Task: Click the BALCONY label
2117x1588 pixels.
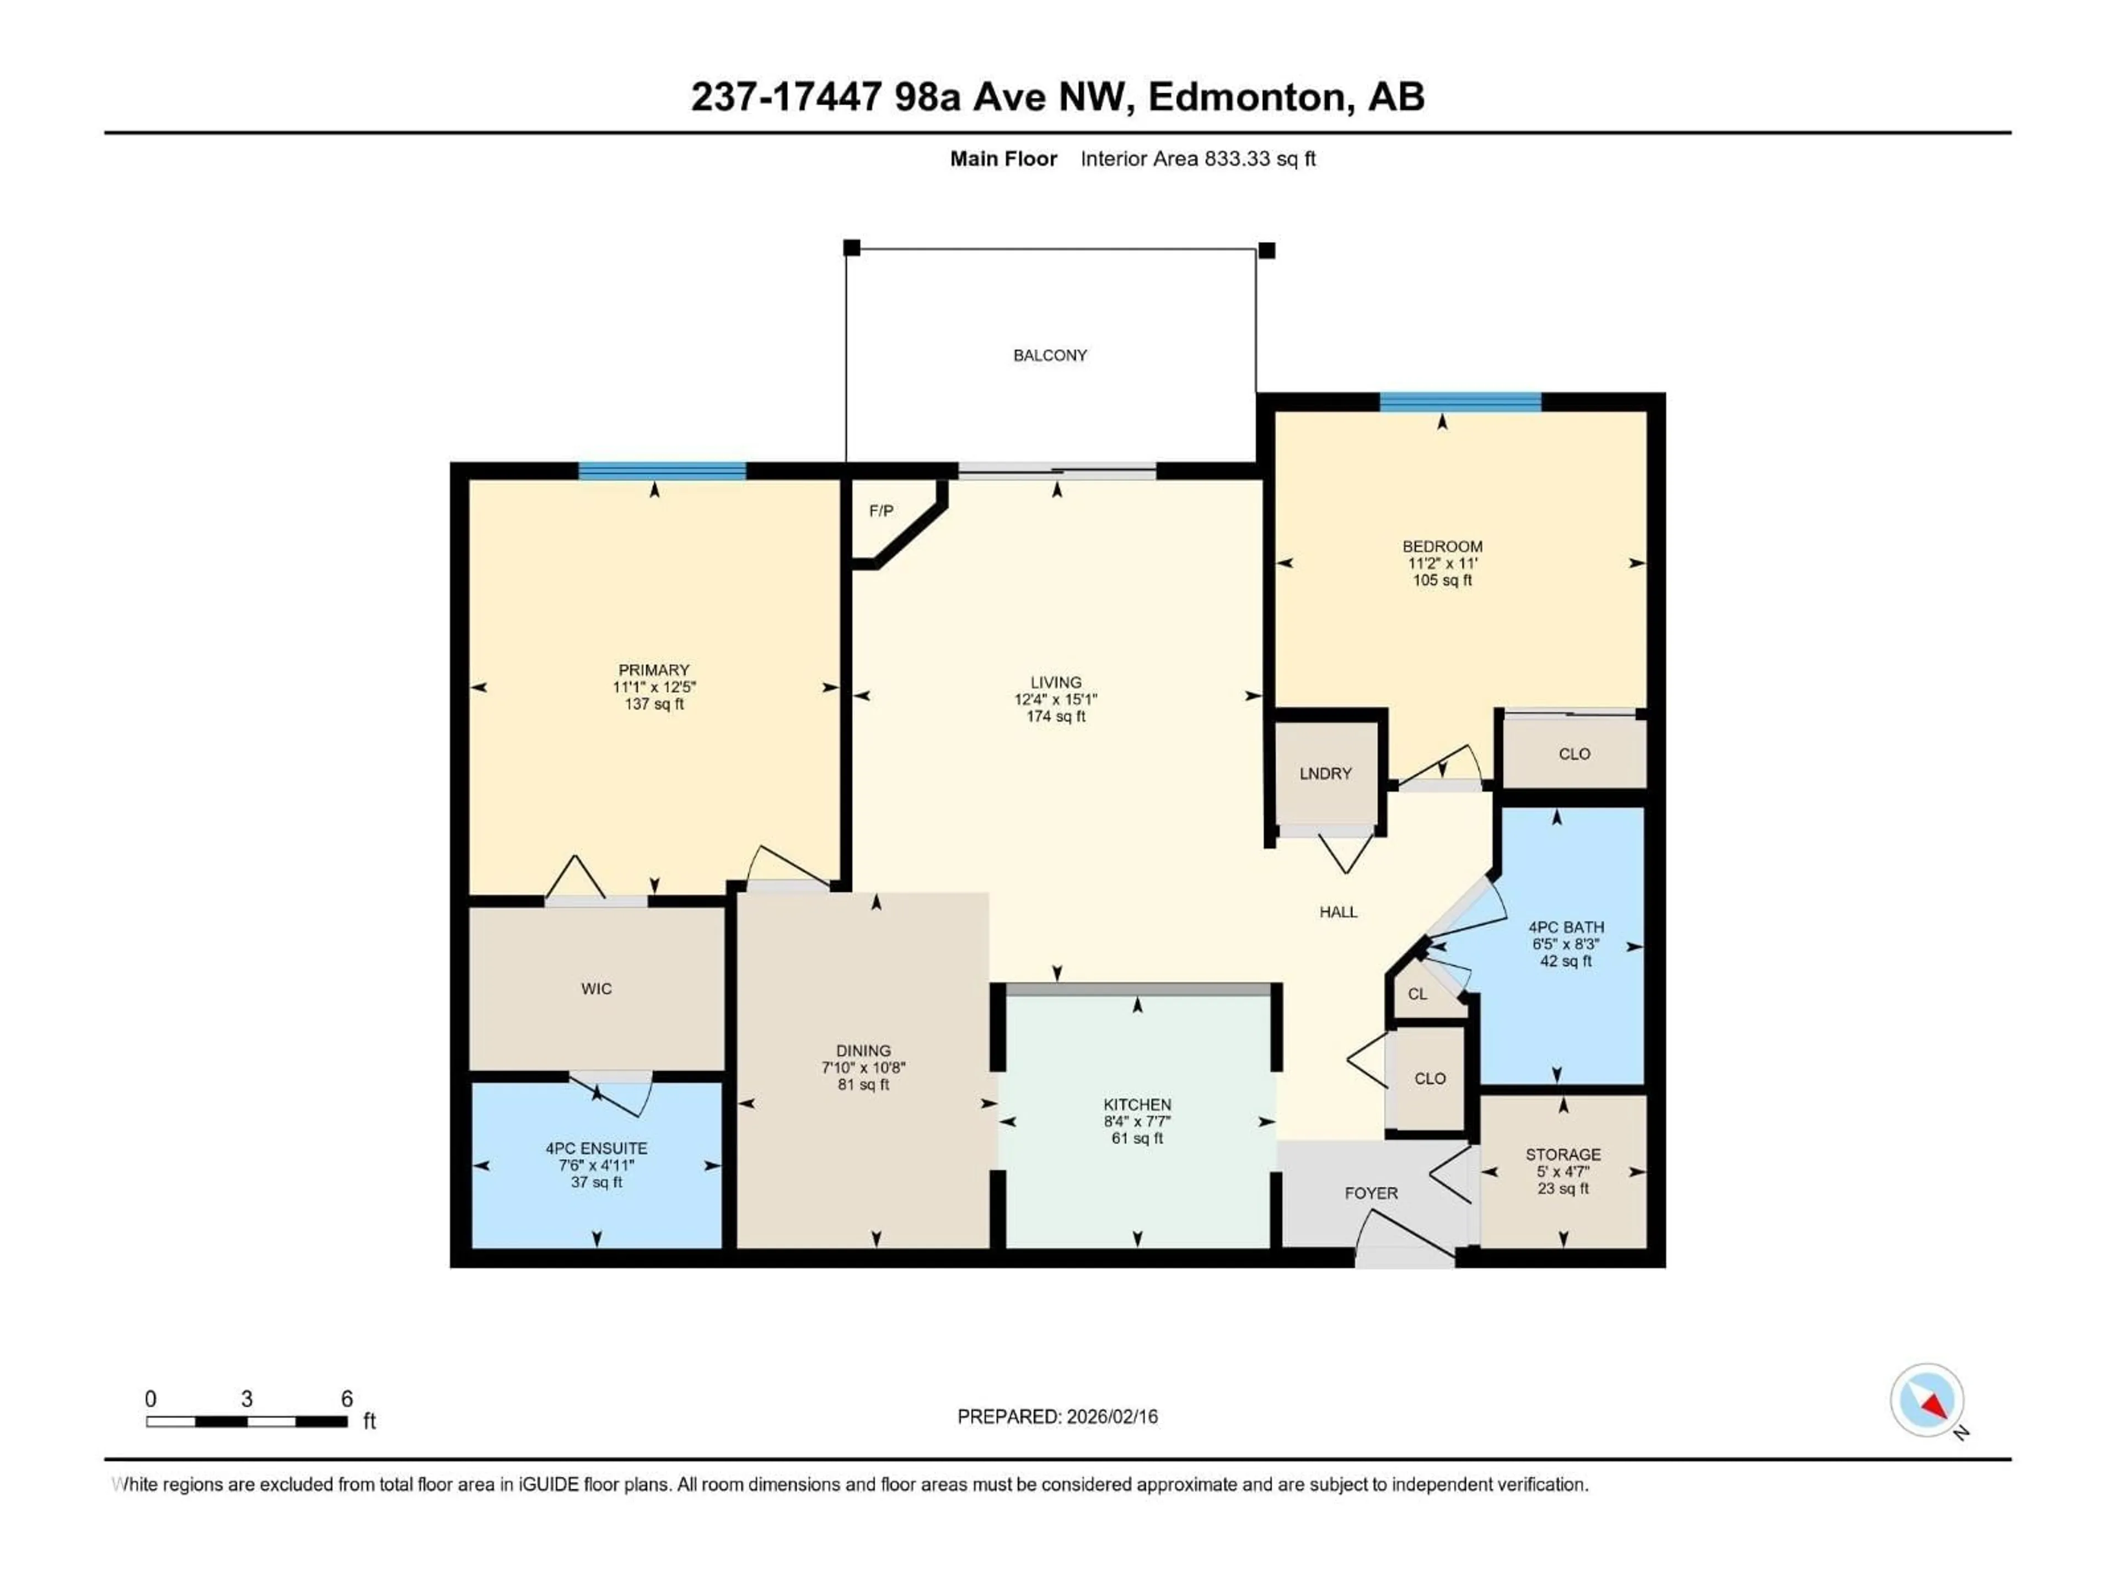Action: click(x=1050, y=355)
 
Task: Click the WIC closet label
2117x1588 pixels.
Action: click(x=597, y=989)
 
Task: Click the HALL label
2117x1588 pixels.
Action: click(x=1338, y=912)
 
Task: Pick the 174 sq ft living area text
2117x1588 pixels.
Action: click(x=1056, y=716)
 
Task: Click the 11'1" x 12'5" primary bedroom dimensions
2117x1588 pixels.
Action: click(x=654, y=687)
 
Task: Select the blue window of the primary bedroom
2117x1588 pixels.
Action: click(x=662, y=470)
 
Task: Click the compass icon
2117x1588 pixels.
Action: click(x=1927, y=1401)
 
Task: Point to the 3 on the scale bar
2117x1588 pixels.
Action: click(x=247, y=1398)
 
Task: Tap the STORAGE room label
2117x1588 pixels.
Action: click(x=1563, y=1155)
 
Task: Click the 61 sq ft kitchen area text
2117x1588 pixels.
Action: click(x=1137, y=1138)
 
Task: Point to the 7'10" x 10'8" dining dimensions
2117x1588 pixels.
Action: click(x=863, y=1067)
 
